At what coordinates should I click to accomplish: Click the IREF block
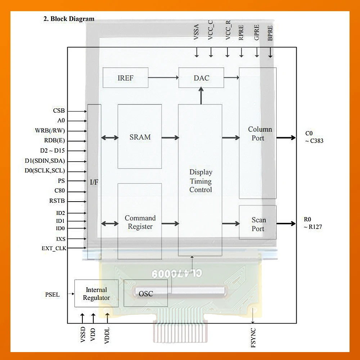pyautogui.click(x=125, y=78)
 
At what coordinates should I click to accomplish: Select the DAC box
pyautogui.click(x=201, y=78)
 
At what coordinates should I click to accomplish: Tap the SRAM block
pyautogui.click(x=140, y=137)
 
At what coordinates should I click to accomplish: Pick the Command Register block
pyautogui.click(x=140, y=222)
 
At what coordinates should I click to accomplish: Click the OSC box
pyautogui.click(x=145, y=293)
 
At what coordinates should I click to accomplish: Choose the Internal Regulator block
pyautogui.click(x=96, y=293)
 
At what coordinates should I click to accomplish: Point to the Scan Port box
pyautogui.click(x=258, y=224)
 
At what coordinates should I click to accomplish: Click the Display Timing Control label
pyautogui.click(x=201, y=181)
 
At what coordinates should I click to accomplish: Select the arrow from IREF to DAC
pyautogui.click(x=163, y=77)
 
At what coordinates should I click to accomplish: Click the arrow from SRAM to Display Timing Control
pyautogui.click(x=170, y=138)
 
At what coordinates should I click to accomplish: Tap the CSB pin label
pyautogui.click(x=59, y=111)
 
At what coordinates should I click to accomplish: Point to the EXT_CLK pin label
pyautogui.click(x=54, y=248)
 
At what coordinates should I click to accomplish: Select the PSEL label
pyautogui.click(x=52, y=294)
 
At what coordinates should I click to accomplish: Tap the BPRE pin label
pyautogui.click(x=270, y=33)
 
